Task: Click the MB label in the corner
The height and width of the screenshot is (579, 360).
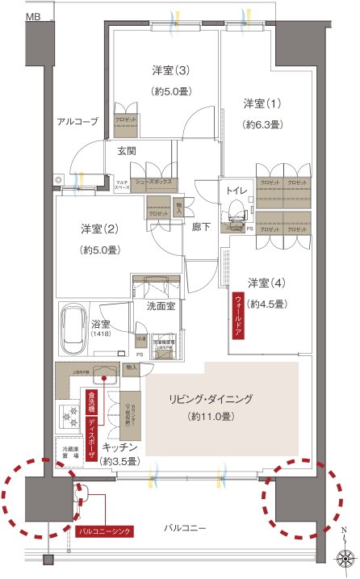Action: [x=36, y=16]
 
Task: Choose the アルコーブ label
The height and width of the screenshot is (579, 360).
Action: [x=77, y=122]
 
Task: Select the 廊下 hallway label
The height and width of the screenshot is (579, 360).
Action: [x=202, y=227]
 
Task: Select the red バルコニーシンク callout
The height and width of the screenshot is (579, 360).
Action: [x=104, y=531]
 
